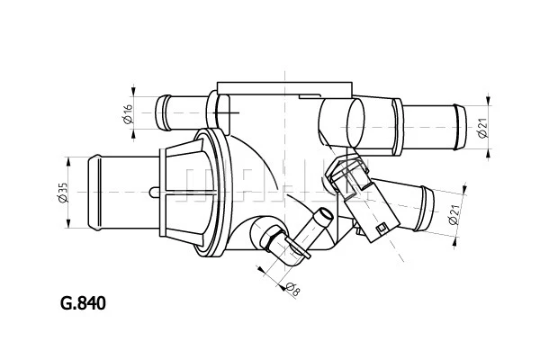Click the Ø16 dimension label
pyautogui.click(x=128, y=113)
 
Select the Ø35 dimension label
pyautogui.click(x=63, y=193)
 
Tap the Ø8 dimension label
pyautogui.click(x=293, y=290)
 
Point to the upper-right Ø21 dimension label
pyautogui.click(x=483, y=128)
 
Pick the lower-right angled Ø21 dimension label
pyautogui.click(x=455, y=215)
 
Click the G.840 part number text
pyautogui.click(x=83, y=303)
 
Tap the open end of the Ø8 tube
pyautogui.click(x=326, y=215)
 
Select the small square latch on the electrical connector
pyautogui.click(x=382, y=229)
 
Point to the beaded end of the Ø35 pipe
pyautogui.click(x=95, y=193)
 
